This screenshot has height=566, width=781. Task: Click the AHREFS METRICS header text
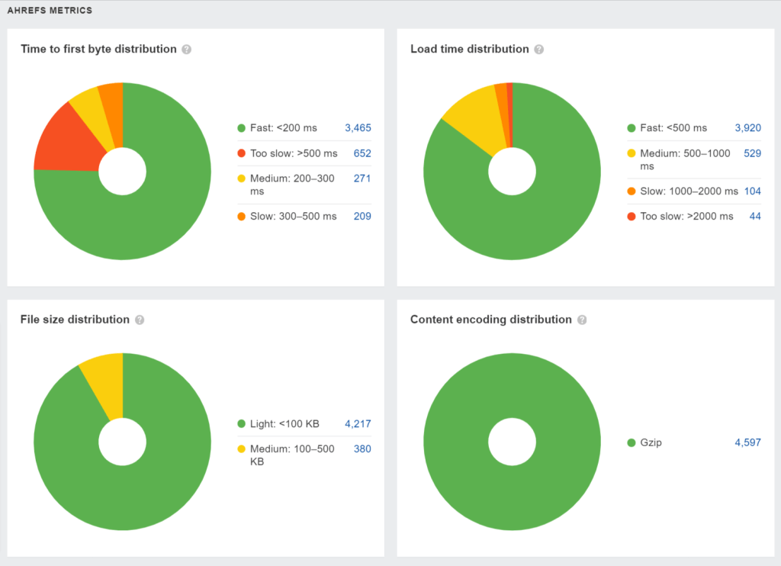coord(50,11)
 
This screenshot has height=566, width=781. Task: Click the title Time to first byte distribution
coord(98,49)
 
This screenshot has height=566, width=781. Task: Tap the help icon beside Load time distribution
coord(539,50)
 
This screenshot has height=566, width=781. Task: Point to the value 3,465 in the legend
coord(358,128)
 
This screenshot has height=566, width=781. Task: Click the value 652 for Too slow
coord(362,153)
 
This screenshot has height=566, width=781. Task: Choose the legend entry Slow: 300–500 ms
coord(293,217)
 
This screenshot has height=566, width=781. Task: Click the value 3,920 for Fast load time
coord(747,128)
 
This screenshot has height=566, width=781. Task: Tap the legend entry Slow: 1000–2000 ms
coord(689,191)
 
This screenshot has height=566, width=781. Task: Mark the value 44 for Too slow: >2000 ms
coord(755,217)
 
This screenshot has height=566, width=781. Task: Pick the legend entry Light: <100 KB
coord(284,424)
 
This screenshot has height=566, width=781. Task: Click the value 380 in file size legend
coord(362,449)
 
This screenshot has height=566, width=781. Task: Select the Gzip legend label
coord(651,443)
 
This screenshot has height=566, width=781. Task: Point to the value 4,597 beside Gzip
coord(747,443)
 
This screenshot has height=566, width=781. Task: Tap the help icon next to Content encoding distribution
coord(582,320)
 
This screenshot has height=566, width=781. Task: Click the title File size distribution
coord(75,320)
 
